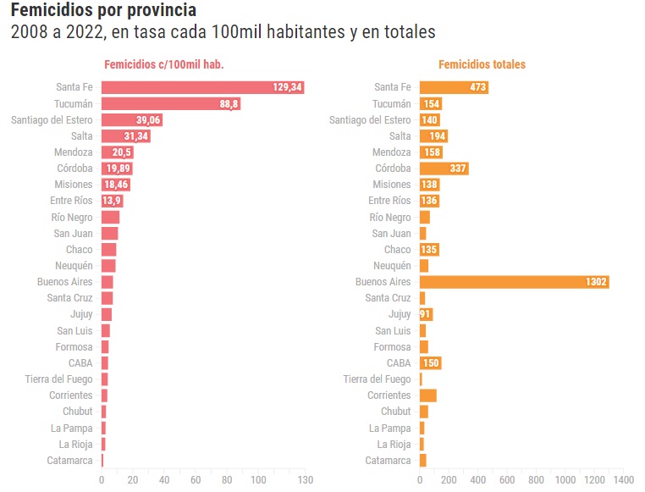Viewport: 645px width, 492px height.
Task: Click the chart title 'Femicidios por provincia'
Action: click(x=102, y=11)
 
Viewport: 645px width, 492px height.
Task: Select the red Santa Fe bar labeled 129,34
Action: click(x=202, y=87)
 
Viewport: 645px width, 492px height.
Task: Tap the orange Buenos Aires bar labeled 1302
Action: click(x=514, y=282)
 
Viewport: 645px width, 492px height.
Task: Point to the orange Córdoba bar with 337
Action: click(x=444, y=169)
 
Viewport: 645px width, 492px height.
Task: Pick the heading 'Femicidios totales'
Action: click(x=482, y=64)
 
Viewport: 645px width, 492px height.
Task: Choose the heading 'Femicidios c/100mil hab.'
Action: click(x=163, y=64)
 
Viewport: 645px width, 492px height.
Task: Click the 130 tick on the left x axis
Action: click(x=305, y=480)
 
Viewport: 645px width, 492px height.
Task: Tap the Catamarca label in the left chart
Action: click(x=70, y=461)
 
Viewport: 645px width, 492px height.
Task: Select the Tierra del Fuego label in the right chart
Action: click(x=377, y=379)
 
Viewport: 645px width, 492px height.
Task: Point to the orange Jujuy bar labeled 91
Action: click(x=426, y=314)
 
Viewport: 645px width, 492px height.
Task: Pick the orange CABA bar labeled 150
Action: click(x=430, y=363)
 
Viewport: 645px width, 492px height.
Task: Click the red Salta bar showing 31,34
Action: click(x=125, y=136)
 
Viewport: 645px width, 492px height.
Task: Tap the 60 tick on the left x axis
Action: click(x=196, y=480)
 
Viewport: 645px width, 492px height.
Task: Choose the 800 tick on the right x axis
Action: click(x=536, y=480)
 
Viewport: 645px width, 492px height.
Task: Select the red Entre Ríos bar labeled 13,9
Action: click(x=112, y=201)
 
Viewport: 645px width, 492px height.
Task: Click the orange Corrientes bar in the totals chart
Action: click(x=427, y=395)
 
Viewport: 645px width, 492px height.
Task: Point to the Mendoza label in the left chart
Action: click(x=74, y=152)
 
